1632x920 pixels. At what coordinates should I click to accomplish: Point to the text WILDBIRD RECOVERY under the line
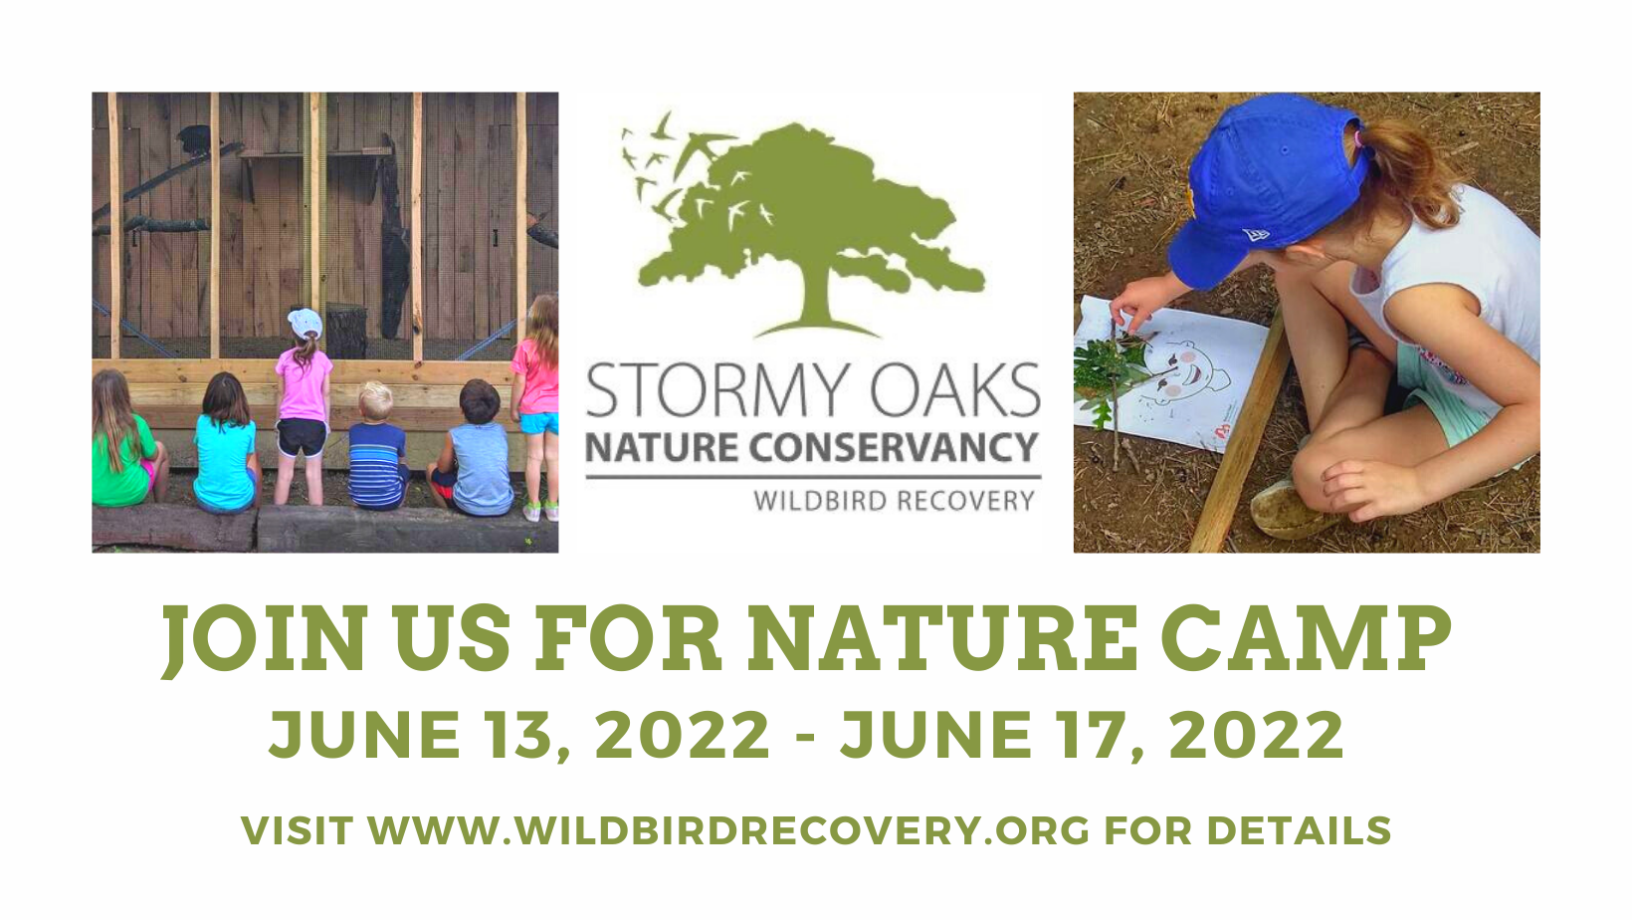click(x=894, y=501)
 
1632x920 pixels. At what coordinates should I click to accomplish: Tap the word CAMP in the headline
click(x=1306, y=638)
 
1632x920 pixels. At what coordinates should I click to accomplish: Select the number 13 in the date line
click(x=519, y=734)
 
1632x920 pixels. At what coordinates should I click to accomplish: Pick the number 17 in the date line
click(x=1091, y=734)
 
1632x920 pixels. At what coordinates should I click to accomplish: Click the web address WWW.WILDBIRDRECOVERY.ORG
click(x=728, y=830)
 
